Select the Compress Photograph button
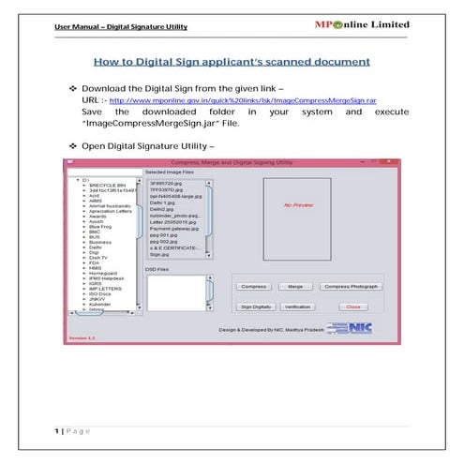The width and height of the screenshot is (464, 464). pos(351,286)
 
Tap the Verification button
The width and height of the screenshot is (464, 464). pos(296,307)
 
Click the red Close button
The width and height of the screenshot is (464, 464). pos(352,307)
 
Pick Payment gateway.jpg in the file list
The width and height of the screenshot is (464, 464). pos(172,229)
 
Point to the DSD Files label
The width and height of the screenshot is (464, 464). pos(156,268)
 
